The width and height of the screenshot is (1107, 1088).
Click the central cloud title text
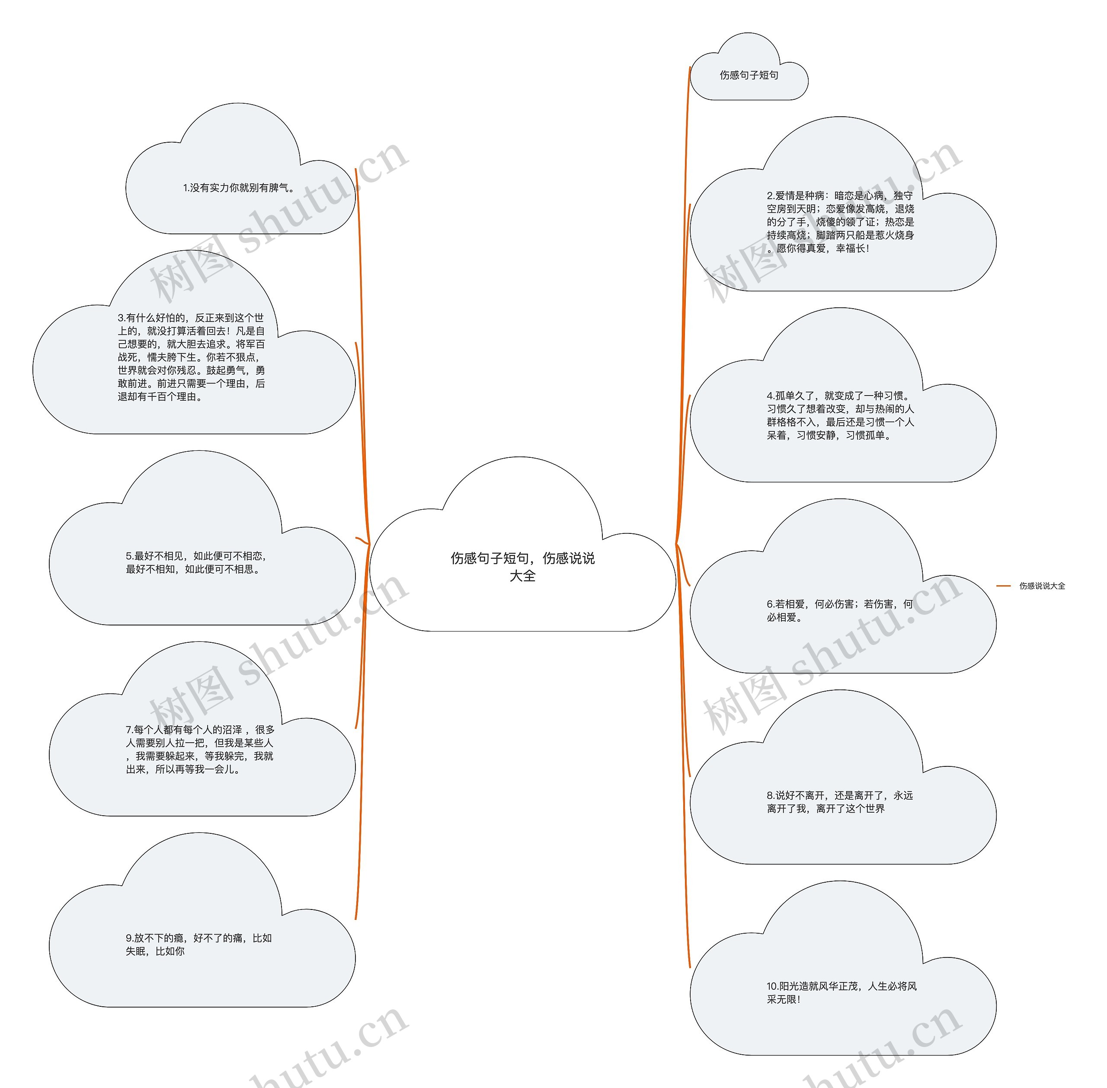point(522,566)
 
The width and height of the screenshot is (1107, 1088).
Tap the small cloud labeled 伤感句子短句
point(749,75)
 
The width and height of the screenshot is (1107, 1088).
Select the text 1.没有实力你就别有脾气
point(239,188)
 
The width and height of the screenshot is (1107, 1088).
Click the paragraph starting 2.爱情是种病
point(840,222)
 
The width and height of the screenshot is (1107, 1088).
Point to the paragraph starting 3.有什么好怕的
point(192,357)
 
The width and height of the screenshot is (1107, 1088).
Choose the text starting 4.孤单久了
point(840,415)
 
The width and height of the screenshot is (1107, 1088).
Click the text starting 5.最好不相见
point(196,563)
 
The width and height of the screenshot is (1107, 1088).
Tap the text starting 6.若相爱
point(839,610)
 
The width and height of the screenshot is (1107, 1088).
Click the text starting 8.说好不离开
point(839,802)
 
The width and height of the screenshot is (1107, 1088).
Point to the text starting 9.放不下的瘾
point(198,944)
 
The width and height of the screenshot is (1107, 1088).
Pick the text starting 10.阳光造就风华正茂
point(841,992)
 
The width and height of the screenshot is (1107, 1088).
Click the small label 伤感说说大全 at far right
point(1042,586)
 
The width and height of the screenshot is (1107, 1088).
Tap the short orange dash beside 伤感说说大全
point(1004,586)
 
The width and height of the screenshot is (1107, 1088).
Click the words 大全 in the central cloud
point(522,576)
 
